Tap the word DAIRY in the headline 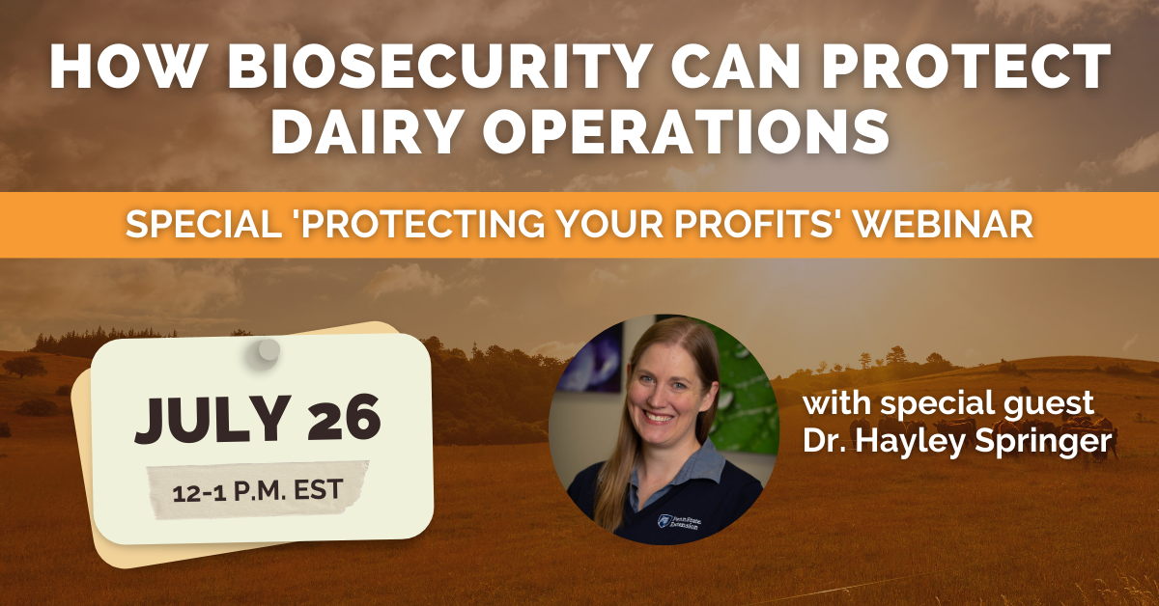[x=365, y=130]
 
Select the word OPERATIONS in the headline [x=686, y=130]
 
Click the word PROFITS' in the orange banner [x=756, y=225]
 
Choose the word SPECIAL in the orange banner [x=204, y=225]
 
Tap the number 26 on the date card [x=344, y=418]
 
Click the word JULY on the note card [x=212, y=419]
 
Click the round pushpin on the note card [x=265, y=352]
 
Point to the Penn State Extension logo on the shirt [x=678, y=521]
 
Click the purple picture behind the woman [x=592, y=359]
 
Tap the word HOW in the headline [x=126, y=67]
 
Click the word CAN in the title [x=735, y=67]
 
